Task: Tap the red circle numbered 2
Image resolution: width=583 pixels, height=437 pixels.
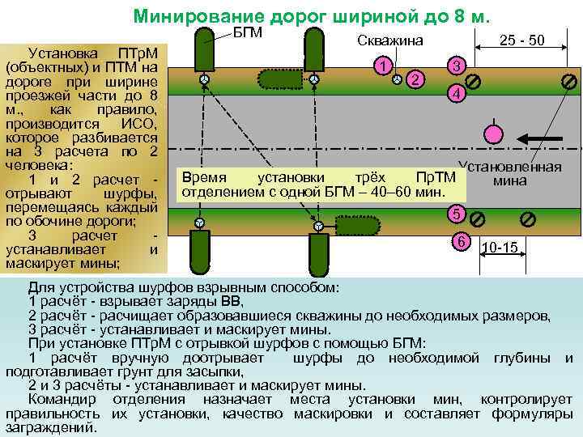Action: pos(415,78)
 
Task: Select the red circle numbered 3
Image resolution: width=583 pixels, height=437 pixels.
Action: pos(457,66)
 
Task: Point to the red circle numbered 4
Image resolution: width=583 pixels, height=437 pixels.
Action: pos(457,95)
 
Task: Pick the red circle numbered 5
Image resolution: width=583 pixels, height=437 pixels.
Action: pos(457,214)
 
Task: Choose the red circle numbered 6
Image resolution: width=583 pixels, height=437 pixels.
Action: pos(460,241)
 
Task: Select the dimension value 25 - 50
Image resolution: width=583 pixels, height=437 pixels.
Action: pos(521,40)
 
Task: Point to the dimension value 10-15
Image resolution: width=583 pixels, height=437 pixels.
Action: pos(500,247)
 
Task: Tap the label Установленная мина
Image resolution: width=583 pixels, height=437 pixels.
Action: pos(510,174)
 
